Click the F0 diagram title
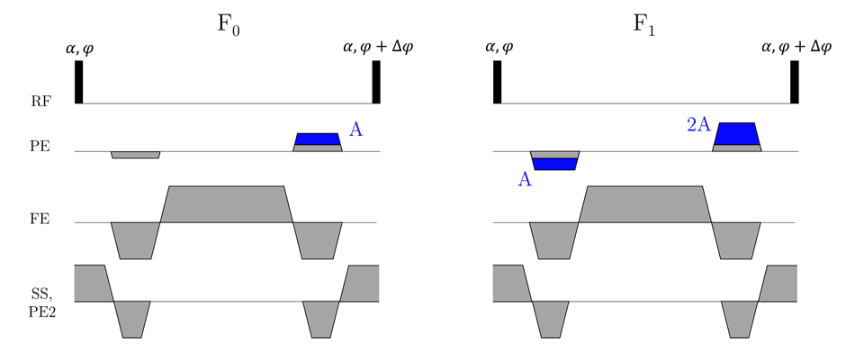(x=229, y=24)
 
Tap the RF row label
(x=40, y=102)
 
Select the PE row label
(x=40, y=146)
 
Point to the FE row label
(x=40, y=219)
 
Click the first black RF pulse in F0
(x=78, y=82)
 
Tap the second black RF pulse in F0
(x=376, y=82)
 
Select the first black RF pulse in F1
(x=497, y=82)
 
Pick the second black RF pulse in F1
(x=795, y=82)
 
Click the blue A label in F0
(x=356, y=130)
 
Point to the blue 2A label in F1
(x=699, y=126)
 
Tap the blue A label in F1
(x=526, y=180)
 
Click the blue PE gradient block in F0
(x=318, y=139)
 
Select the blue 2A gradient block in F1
(x=736, y=132)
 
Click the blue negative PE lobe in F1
(x=554, y=163)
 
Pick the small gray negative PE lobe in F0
(x=135, y=155)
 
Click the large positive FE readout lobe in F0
(x=226, y=204)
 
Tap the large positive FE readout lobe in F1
(x=644, y=204)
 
